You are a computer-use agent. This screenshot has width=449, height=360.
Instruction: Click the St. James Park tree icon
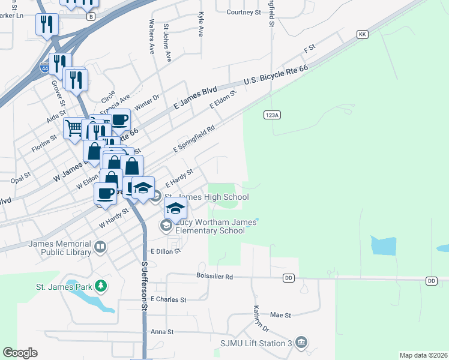pyautogui.click(x=101, y=286)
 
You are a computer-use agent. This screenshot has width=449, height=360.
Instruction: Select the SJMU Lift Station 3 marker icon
pyautogui.click(x=301, y=343)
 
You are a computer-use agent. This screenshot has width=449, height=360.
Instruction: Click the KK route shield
pyautogui.click(x=362, y=35)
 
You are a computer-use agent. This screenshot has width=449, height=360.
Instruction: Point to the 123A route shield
pyautogui.click(x=272, y=115)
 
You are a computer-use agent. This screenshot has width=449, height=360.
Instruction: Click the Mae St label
pyautogui.click(x=280, y=314)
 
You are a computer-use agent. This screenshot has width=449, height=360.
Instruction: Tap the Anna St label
pyautogui.click(x=161, y=331)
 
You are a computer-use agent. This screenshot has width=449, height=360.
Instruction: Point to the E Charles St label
pyautogui.click(x=169, y=299)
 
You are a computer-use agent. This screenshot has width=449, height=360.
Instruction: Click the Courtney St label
pyautogui.click(x=245, y=11)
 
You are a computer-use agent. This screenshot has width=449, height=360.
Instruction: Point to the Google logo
pyautogui.click(x=20, y=353)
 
